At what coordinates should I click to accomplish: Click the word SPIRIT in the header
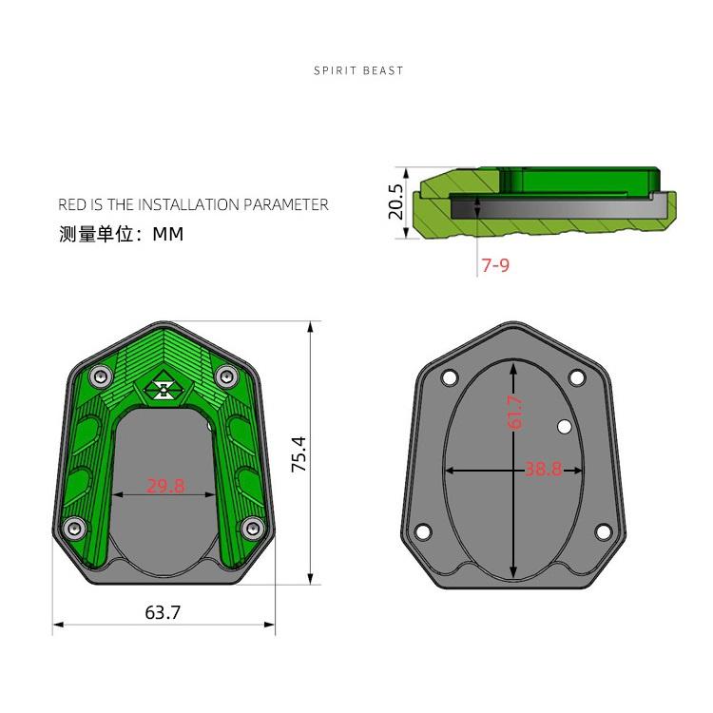click(x=336, y=70)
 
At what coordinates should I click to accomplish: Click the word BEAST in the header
click(x=383, y=70)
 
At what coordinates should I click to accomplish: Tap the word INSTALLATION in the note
click(x=188, y=204)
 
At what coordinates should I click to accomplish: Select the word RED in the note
click(x=71, y=204)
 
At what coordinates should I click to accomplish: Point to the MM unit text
click(x=168, y=234)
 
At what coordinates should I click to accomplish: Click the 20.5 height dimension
click(x=396, y=202)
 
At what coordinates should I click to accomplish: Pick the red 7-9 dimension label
click(x=495, y=266)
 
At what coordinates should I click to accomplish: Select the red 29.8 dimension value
click(x=165, y=486)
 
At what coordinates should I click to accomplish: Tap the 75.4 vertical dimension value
click(x=299, y=454)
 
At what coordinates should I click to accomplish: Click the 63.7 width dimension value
click(x=163, y=613)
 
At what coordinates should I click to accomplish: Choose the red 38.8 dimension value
click(x=543, y=469)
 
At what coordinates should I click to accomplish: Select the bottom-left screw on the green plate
click(x=73, y=528)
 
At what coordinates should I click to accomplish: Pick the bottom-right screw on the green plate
click(x=251, y=528)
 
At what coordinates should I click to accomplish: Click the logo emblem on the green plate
click(x=163, y=388)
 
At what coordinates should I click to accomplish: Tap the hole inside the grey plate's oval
click(x=564, y=426)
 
